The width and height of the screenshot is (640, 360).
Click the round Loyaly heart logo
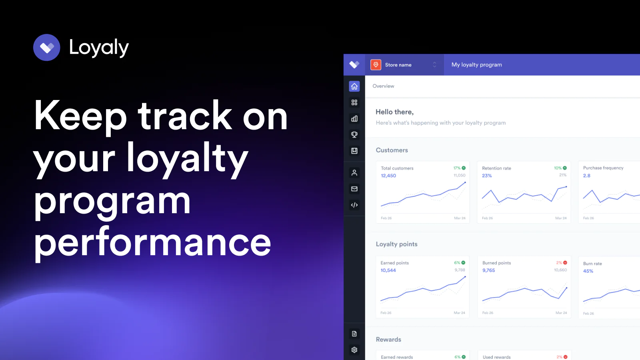click(46, 48)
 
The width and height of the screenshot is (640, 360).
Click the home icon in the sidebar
click(354, 86)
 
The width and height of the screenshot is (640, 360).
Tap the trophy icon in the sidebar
click(354, 134)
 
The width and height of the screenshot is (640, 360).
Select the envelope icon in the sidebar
click(354, 189)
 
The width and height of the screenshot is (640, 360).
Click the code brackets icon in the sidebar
click(354, 205)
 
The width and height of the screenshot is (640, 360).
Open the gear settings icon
click(354, 350)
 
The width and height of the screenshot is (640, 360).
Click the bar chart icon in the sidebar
click(354, 118)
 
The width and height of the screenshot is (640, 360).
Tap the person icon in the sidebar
click(354, 172)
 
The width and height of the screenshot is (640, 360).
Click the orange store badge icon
click(376, 65)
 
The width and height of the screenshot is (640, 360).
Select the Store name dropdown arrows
click(434, 65)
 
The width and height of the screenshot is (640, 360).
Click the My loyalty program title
click(476, 65)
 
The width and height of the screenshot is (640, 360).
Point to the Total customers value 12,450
click(388, 176)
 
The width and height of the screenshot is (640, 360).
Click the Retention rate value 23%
click(487, 176)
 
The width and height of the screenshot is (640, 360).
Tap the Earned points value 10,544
click(388, 270)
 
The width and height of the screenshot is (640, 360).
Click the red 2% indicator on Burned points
click(562, 262)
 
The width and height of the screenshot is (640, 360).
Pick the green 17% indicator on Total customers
click(460, 168)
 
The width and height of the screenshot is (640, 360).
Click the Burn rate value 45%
click(588, 271)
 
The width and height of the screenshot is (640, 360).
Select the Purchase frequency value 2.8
click(586, 176)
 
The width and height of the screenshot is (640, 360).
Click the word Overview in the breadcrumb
click(383, 86)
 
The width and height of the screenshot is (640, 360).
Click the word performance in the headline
click(152, 243)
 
